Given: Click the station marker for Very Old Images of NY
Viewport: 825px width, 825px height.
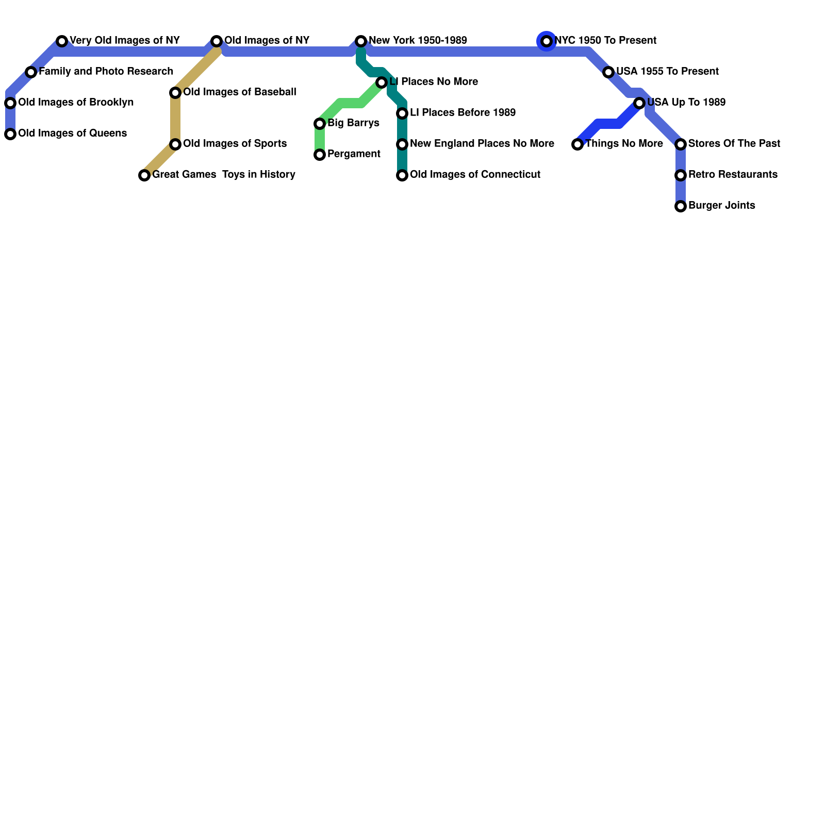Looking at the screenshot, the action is [x=62, y=41].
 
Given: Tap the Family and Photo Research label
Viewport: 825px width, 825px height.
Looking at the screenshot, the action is [x=106, y=72].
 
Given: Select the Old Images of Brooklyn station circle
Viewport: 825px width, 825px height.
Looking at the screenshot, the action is [x=10, y=103].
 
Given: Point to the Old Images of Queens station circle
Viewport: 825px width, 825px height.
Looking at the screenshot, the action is [x=10, y=134].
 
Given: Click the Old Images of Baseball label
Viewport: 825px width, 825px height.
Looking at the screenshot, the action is [x=239, y=92].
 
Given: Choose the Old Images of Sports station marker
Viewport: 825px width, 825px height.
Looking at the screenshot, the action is [x=175, y=144].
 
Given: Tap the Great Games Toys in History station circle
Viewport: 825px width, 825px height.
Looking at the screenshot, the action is [x=144, y=175].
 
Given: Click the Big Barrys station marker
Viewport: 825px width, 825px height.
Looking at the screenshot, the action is [x=320, y=124].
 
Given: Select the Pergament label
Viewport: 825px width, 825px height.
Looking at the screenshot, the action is [x=354, y=154].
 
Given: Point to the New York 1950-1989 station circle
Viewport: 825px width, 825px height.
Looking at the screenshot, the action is [x=361, y=41].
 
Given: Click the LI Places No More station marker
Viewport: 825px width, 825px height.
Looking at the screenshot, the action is [x=382, y=82].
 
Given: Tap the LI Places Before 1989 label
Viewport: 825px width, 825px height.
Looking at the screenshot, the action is [x=463, y=113].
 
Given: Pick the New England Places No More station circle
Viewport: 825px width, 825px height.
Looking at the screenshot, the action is [x=402, y=144].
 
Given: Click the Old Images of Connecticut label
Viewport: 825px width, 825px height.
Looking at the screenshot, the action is [x=475, y=175].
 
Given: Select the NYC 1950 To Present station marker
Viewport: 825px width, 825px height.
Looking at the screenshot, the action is [x=547, y=41].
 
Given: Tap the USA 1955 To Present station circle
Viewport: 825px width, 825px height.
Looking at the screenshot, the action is [x=608, y=72].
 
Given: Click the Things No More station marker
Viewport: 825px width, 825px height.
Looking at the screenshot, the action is [x=577, y=144].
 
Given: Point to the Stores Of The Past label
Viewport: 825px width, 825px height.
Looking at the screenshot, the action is [x=734, y=144].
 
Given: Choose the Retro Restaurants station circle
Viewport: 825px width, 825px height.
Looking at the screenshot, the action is [x=681, y=175].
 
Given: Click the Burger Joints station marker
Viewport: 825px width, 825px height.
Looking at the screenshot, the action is [x=681, y=206].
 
